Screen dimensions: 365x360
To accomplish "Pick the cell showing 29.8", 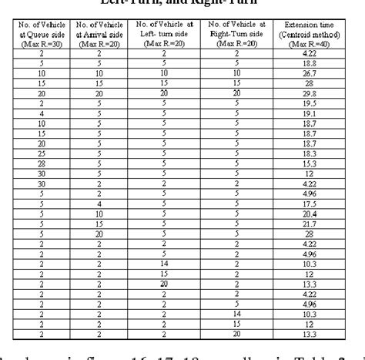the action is [x=311, y=93].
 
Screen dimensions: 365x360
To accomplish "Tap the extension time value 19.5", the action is [x=311, y=103].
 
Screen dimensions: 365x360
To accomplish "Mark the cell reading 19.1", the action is [x=311, y=113].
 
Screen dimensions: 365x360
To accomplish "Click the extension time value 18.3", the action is [x=311, y=153].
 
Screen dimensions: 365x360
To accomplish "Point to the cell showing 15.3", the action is [x=311, y=163].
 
